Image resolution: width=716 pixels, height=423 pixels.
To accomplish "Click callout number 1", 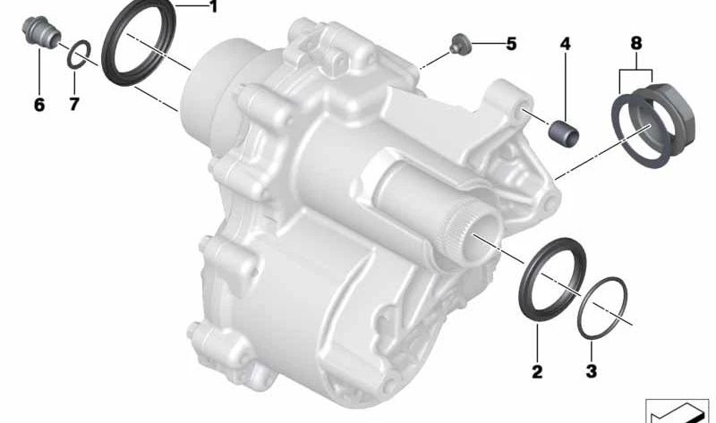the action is (213, 7).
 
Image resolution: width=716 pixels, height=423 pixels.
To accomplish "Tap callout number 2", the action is (537, 371).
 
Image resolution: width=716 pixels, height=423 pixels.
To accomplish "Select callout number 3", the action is (591, 371).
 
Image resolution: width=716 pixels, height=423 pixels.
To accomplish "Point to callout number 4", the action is (566, 44).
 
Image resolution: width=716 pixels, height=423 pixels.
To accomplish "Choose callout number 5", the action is (511, 44).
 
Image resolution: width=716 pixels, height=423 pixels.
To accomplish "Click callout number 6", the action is (39, 105).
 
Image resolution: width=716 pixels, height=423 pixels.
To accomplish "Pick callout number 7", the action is (74, 105).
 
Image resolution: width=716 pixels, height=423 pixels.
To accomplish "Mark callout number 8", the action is (636, 43).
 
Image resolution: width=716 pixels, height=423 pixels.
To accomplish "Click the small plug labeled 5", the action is (457, 44).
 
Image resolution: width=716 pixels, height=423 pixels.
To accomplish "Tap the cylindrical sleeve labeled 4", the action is (564, 131).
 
